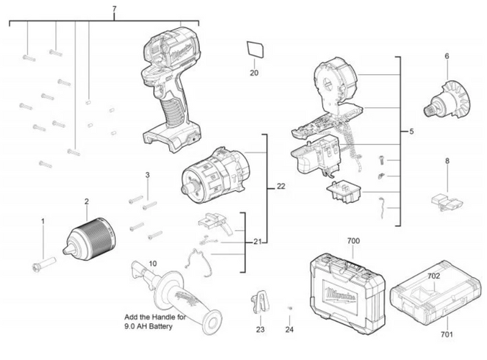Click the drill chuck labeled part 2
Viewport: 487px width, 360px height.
click(x=90, y=239)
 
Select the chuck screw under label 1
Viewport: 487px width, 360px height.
click(x=44, y=264)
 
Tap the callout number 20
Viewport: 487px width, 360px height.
click(x=254, y=73)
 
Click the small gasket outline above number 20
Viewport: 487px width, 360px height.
click(x=255, y=49)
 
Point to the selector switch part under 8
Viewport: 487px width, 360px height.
click(x=447, y=202)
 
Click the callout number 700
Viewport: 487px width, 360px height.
click(x=353, y=241)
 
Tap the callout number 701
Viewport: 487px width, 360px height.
click(x=447, y=335)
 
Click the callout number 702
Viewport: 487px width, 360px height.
click(x=434, y=276)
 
